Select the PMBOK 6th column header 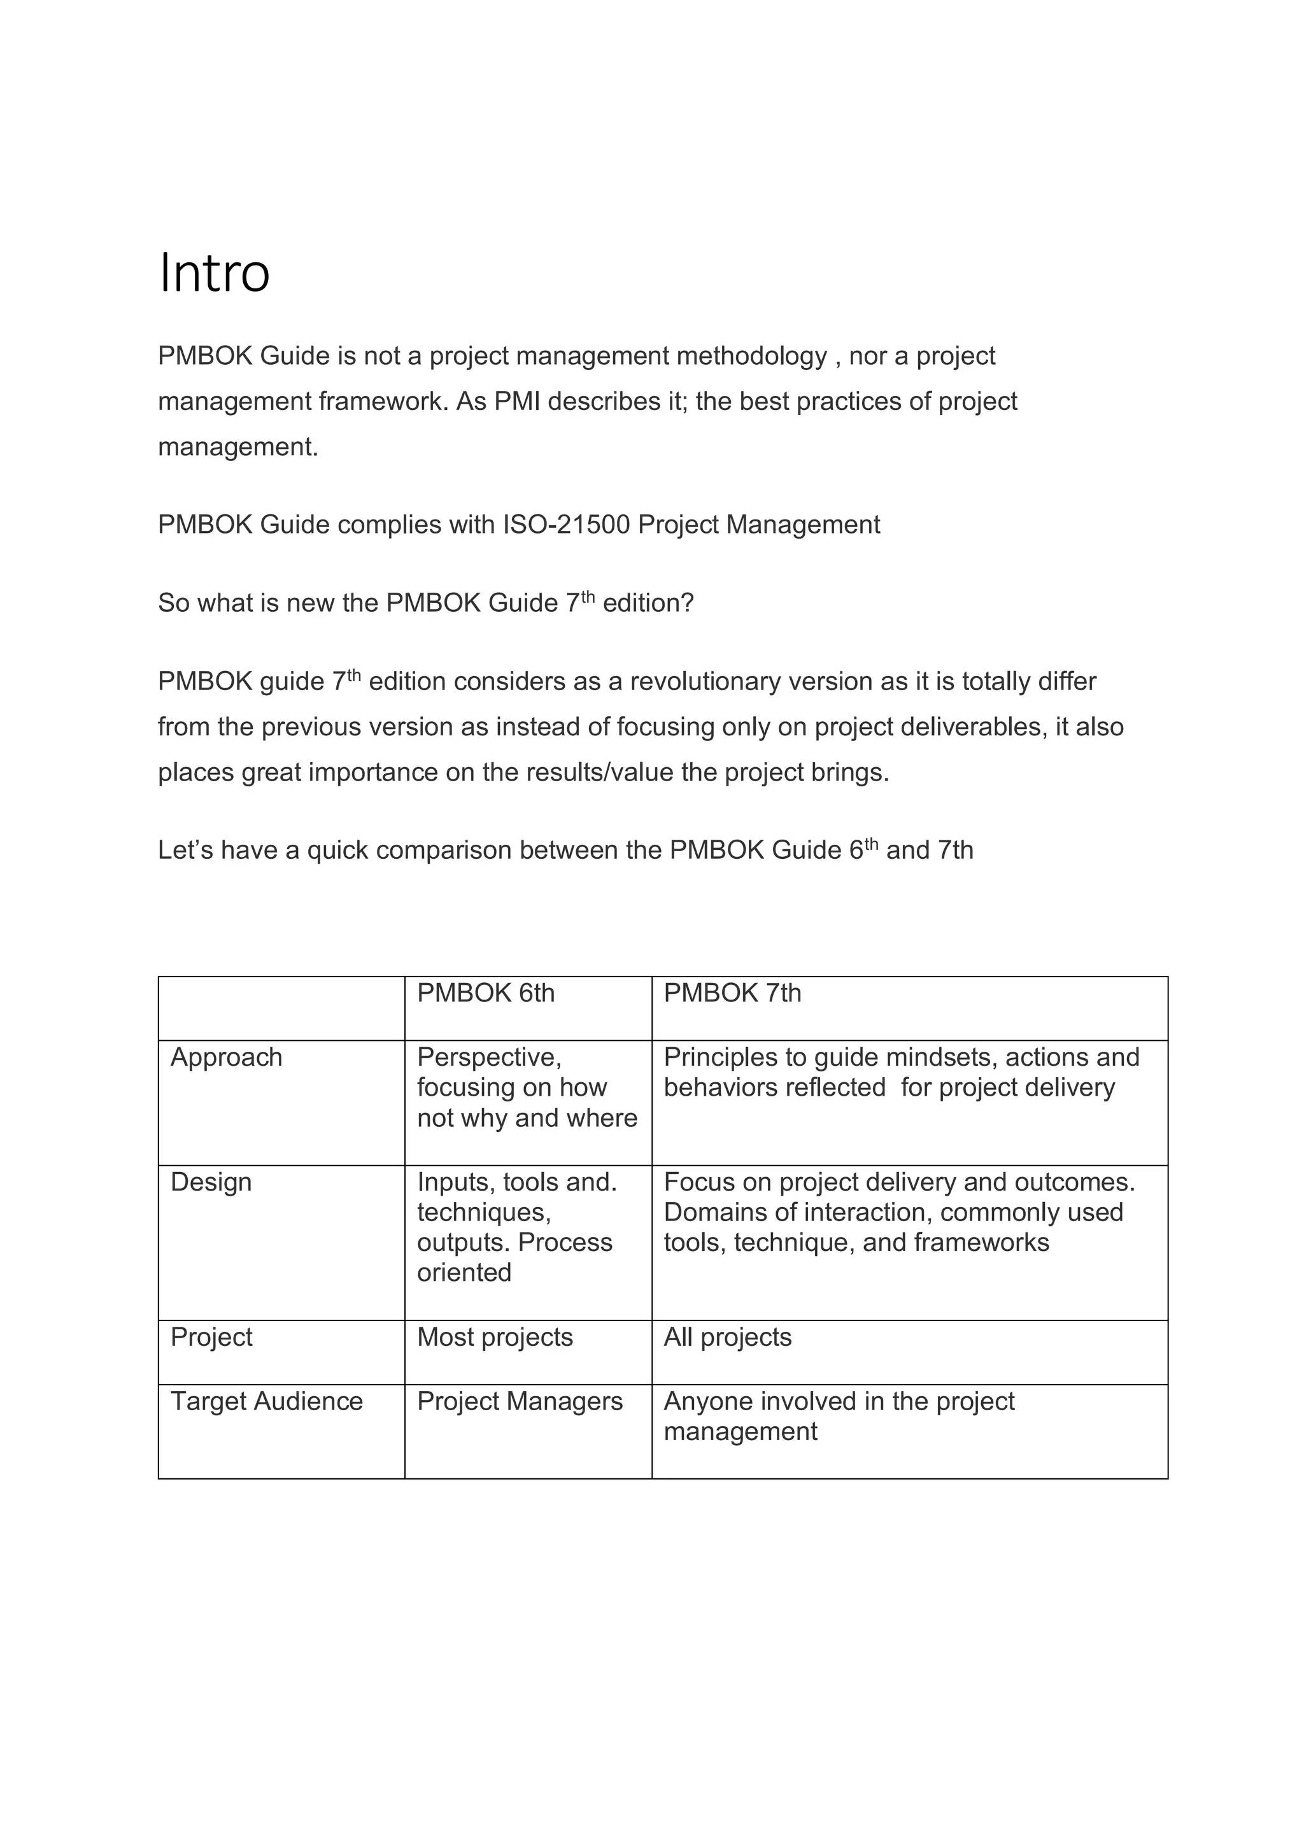pos(485,993)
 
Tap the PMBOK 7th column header pos(732,993)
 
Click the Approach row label pos(227,1057)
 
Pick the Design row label pos(211,1182)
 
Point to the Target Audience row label pos(267,1401)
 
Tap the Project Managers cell pos(520,1401)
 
